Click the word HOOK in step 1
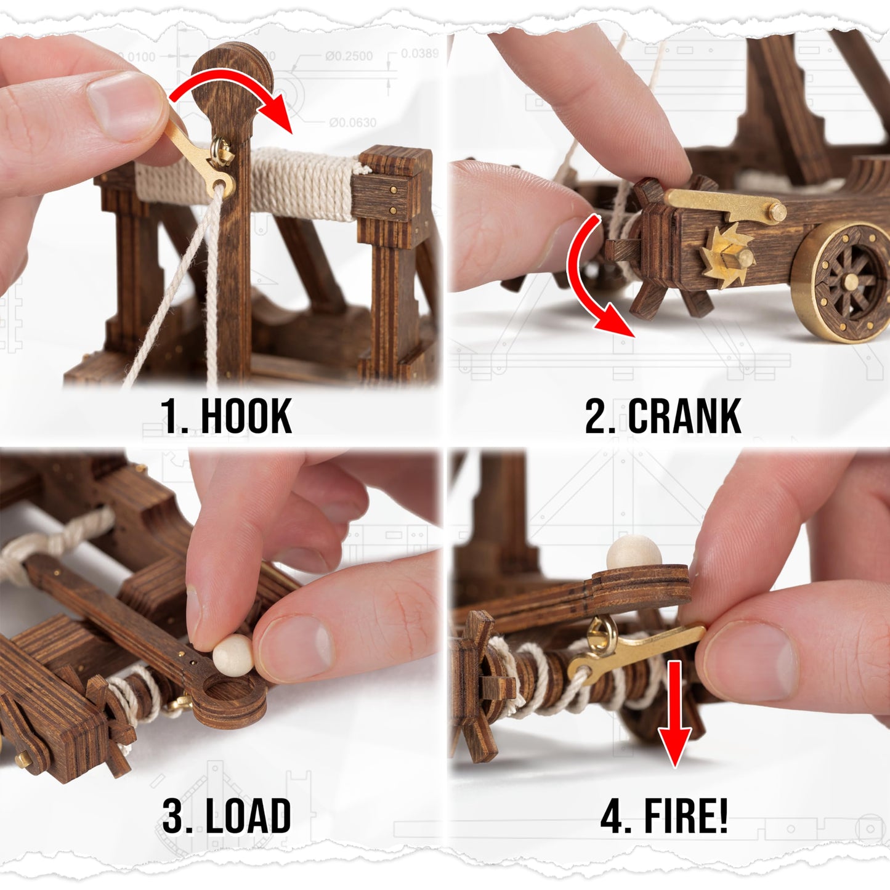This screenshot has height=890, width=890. click(x=246, y=416)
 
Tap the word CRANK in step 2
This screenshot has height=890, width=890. click(x=684, y=416)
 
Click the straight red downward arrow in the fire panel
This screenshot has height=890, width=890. click(x=675, y=714)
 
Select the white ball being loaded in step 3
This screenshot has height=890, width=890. click(x=233, y=655)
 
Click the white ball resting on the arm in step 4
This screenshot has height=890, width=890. click(x=626, y=552)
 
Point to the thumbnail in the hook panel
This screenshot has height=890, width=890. click(x=120, y=105)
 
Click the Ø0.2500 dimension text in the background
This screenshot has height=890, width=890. click(x=349, y=56)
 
